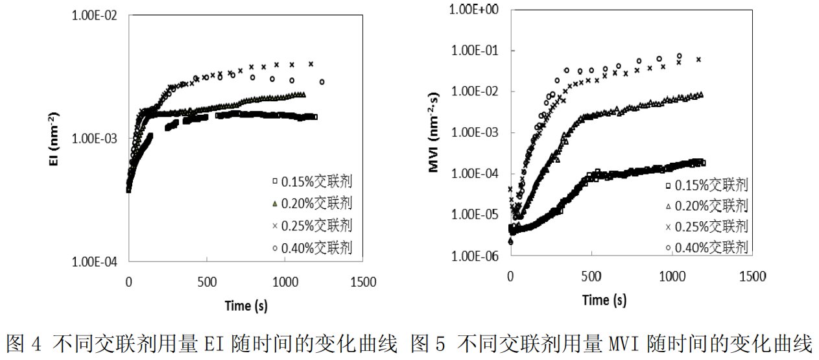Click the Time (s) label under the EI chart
pos(246,304)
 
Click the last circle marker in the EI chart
pos(322,82)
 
